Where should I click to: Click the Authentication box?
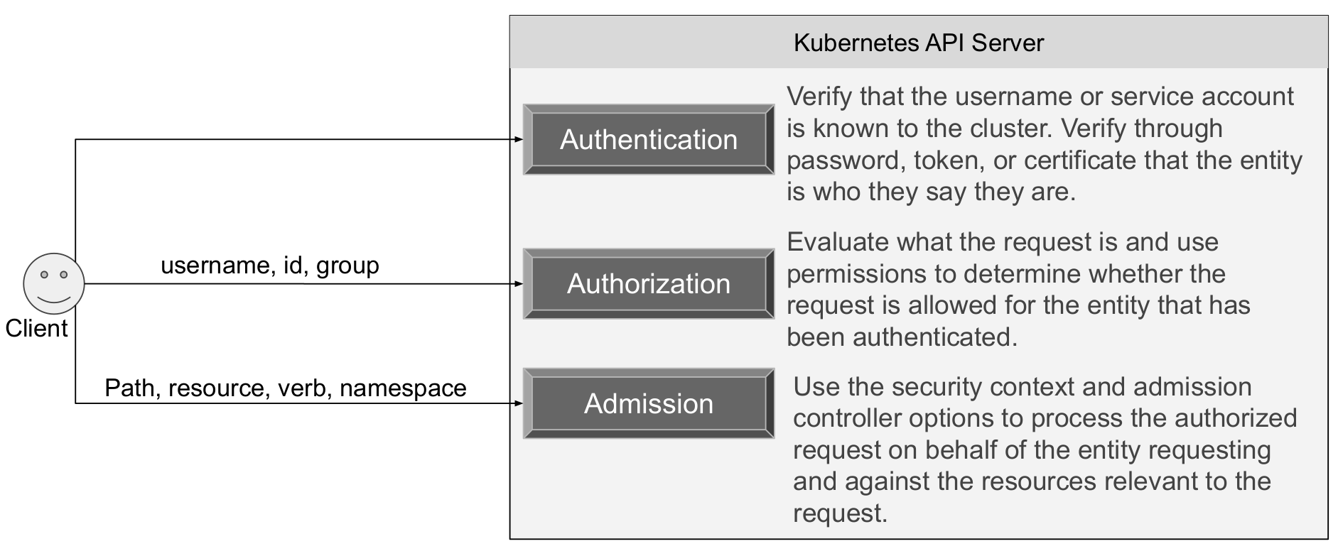649,139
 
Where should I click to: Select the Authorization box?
649,283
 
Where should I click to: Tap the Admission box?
649,403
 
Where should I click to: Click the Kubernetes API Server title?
918,43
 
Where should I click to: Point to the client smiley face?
54,283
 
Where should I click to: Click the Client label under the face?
36,328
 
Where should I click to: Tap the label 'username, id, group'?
270,266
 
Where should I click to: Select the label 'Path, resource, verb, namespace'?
286,388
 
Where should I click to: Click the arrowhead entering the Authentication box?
518,139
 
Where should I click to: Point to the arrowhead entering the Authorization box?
518,283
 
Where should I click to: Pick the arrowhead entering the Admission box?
518,403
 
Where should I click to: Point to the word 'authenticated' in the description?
935,337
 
